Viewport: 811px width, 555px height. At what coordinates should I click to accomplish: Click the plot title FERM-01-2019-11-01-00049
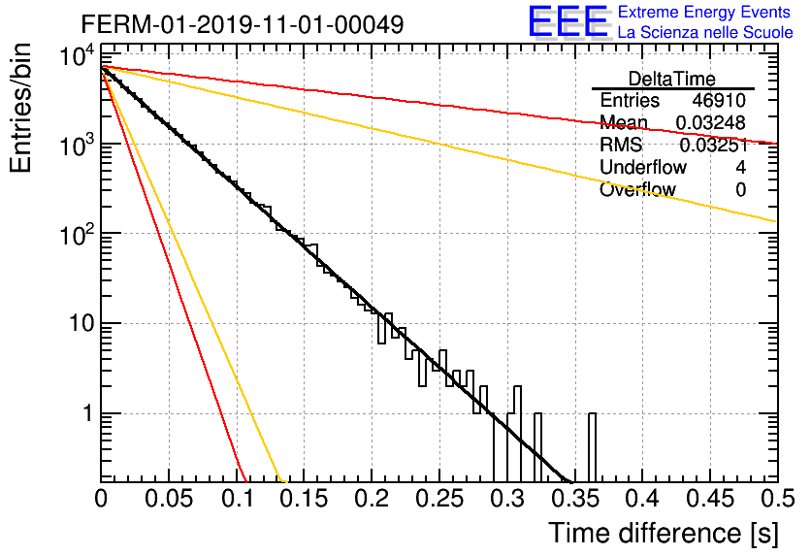[x=243, y=24]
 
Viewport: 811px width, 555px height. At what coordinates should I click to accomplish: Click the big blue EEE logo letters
[x=568, y=21]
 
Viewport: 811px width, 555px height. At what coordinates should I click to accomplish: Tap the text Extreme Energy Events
[x=704, y=12]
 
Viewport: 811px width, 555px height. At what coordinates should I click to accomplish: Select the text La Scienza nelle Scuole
[x=705, y=32]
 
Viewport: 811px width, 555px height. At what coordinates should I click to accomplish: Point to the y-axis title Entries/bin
[x=20, y=108]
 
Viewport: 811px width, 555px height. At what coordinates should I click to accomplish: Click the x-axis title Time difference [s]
[x=664, y=533]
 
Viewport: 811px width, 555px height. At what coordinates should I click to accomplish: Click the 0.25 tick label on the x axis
[x=439, y=499]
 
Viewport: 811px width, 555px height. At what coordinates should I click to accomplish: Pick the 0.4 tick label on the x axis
[x=642, y=499]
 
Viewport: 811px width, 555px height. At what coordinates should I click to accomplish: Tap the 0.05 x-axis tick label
[x=169, y=499]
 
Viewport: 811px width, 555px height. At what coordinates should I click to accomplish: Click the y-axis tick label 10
[x=81, y=324]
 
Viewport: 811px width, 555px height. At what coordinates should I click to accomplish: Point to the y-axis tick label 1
[x=89, y=413]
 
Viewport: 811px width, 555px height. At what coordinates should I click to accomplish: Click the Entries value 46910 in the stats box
[x=719, y=100]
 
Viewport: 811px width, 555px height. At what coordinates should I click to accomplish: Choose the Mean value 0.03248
[x=711, y=123]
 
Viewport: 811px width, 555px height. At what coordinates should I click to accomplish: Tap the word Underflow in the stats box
[x=643, y=167]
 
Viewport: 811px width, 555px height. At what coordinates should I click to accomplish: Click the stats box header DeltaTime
[x=672, y=79]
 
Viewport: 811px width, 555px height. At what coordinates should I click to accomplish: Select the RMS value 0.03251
[x=714, y=146]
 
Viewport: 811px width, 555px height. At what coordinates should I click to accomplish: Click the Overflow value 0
[x=740, y=190]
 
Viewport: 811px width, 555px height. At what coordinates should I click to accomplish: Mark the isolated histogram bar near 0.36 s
[x=592, y=447]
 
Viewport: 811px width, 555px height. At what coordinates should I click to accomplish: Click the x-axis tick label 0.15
[x=304, y=499]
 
